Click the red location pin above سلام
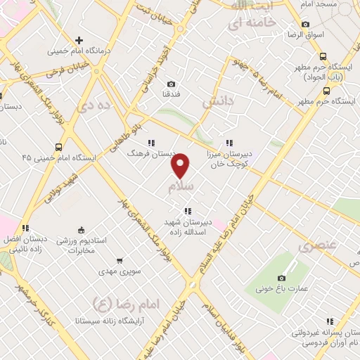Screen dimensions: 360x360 tap(181, 165)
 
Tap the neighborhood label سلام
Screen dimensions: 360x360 tap(181, 188)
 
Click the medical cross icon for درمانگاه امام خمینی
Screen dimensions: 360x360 tap(79, 40)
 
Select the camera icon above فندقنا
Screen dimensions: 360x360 tap(172, 84)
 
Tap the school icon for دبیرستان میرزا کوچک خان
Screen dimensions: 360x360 tap(230, 143)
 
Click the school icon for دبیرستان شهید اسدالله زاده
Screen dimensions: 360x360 tap(187, 210)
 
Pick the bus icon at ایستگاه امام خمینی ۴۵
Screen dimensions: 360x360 tap(58, 147)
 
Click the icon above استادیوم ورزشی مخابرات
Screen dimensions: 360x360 tap(80, 229)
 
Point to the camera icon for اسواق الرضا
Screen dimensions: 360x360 tap(305, 25)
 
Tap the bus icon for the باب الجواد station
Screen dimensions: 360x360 tap(323, 56)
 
